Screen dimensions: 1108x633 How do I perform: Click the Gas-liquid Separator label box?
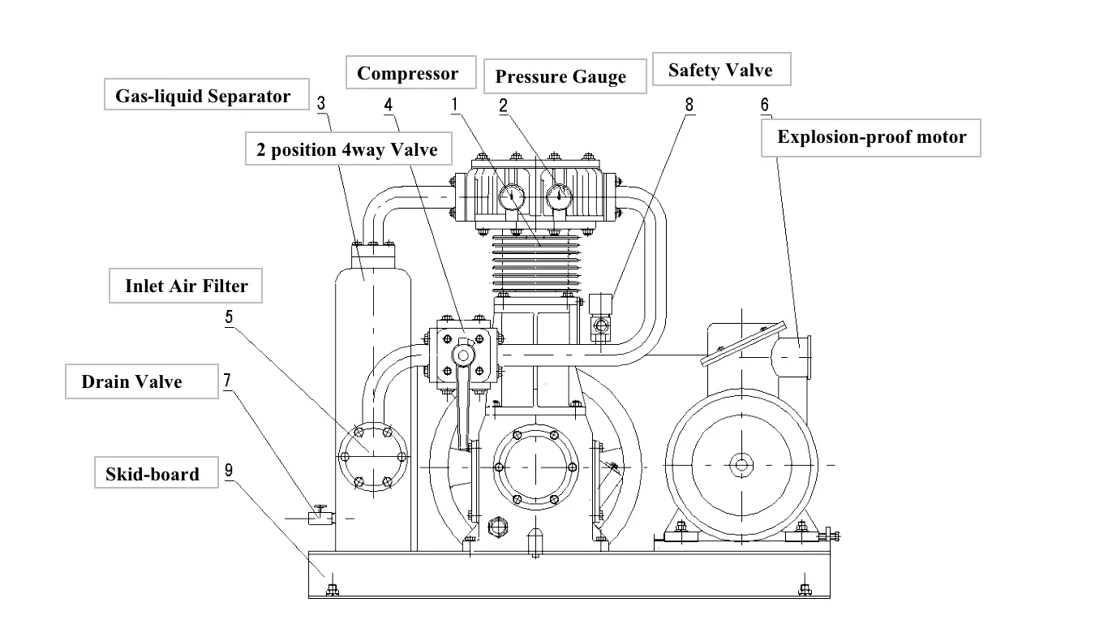[x=206, y=94]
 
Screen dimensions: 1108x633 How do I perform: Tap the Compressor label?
[x=410, y=72]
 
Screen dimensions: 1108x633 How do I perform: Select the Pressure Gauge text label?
[x=565, y=76]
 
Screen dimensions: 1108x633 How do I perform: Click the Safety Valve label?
[x=721, y=69]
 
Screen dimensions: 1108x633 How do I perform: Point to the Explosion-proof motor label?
[x=870, y=138]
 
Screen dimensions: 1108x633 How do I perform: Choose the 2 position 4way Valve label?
[x=348, y=149]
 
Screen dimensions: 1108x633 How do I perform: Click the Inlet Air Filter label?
[x=186, y=286]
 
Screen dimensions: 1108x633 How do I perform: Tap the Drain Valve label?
[x=141, y=381]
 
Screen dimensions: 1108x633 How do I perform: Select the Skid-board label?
[x=157, y=472]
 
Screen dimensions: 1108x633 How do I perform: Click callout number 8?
[x=689, y=105]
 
